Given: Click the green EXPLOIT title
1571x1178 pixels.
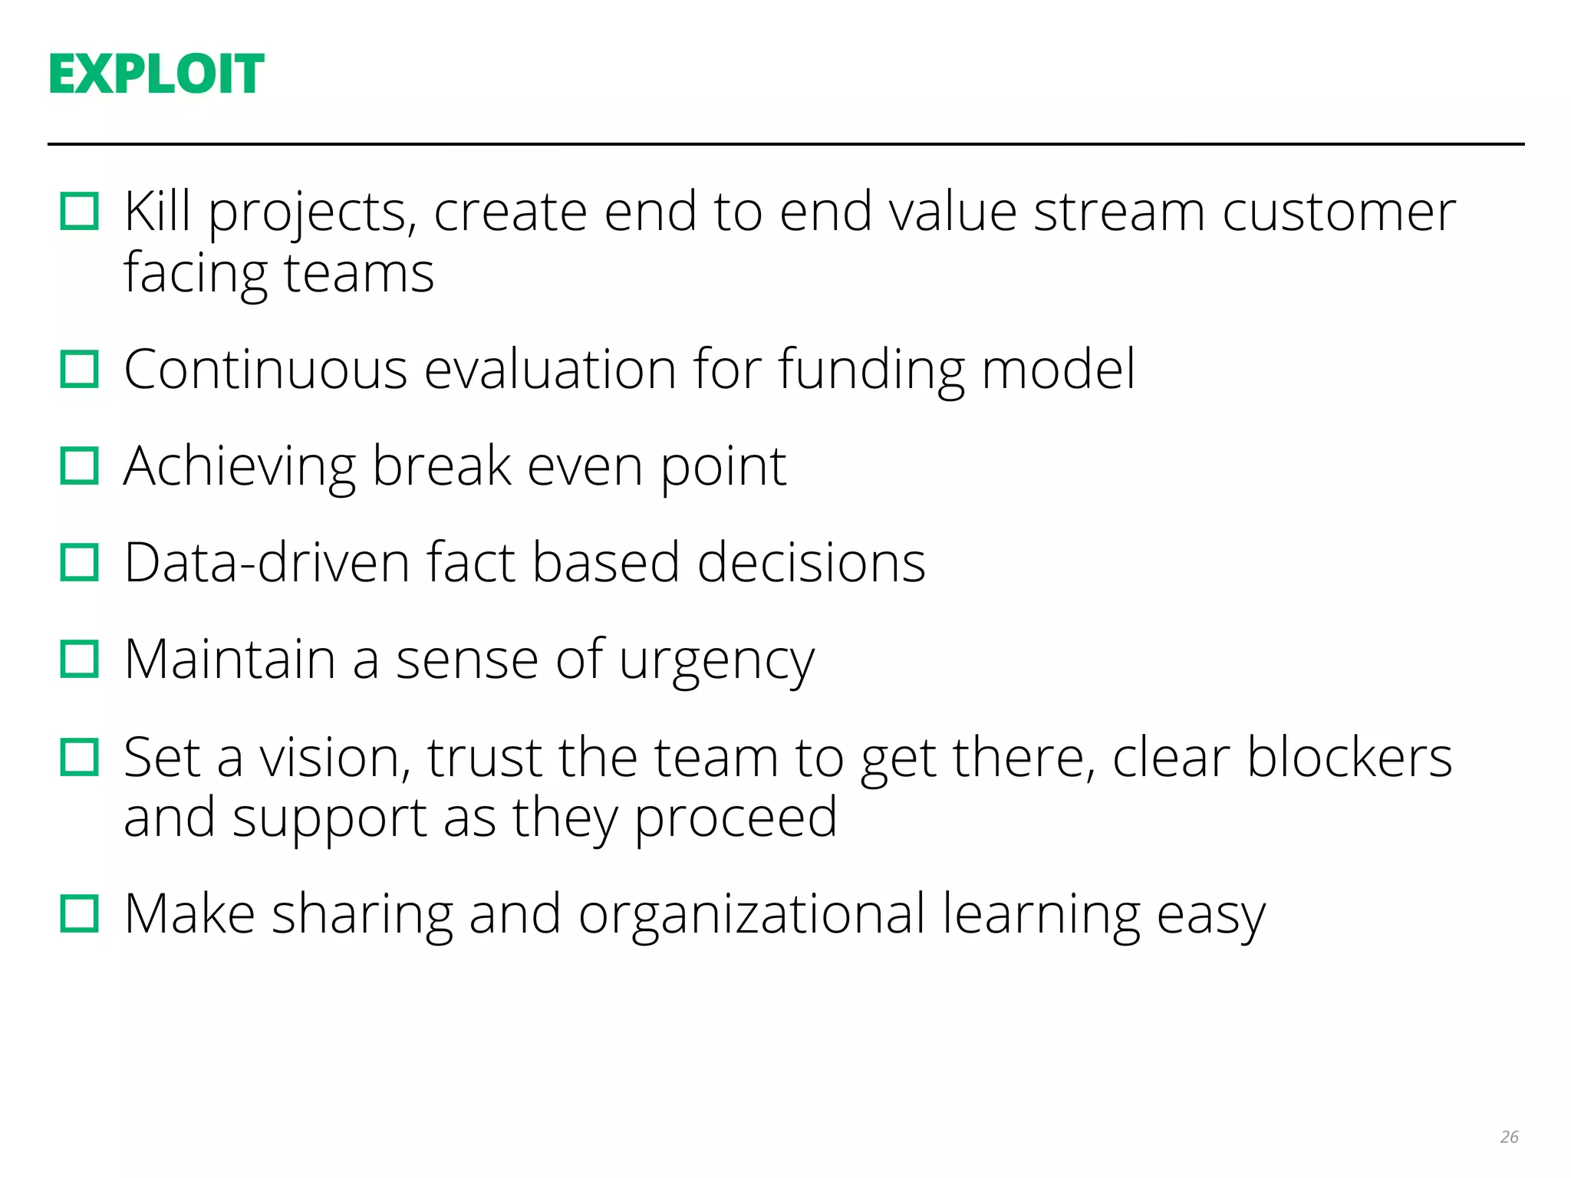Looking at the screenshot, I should point(156,74).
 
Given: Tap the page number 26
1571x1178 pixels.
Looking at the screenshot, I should point(1509,1137).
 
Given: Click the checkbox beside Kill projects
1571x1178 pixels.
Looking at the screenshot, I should point(80,212).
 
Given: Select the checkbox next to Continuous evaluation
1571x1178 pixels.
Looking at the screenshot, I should point(80,370).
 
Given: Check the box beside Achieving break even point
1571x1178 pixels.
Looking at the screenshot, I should point(80,466).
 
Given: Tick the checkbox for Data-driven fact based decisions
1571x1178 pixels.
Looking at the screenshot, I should point(80,563).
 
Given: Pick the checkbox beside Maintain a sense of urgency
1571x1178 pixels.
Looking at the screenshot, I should point(80,660).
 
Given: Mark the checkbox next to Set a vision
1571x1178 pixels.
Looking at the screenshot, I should point(80,758).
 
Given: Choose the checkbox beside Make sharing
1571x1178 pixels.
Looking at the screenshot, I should point(80,914).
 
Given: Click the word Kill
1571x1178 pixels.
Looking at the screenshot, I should point(157,211).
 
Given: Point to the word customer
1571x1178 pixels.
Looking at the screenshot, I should point(1339,212).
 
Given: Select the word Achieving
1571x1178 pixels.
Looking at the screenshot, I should point(239,468).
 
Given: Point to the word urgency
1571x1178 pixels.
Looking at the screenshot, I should point(716,661).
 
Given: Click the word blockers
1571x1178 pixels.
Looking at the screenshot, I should point(1349,758).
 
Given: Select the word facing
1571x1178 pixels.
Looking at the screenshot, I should point(196,275).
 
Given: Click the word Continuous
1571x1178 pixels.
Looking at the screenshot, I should point(265,370).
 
